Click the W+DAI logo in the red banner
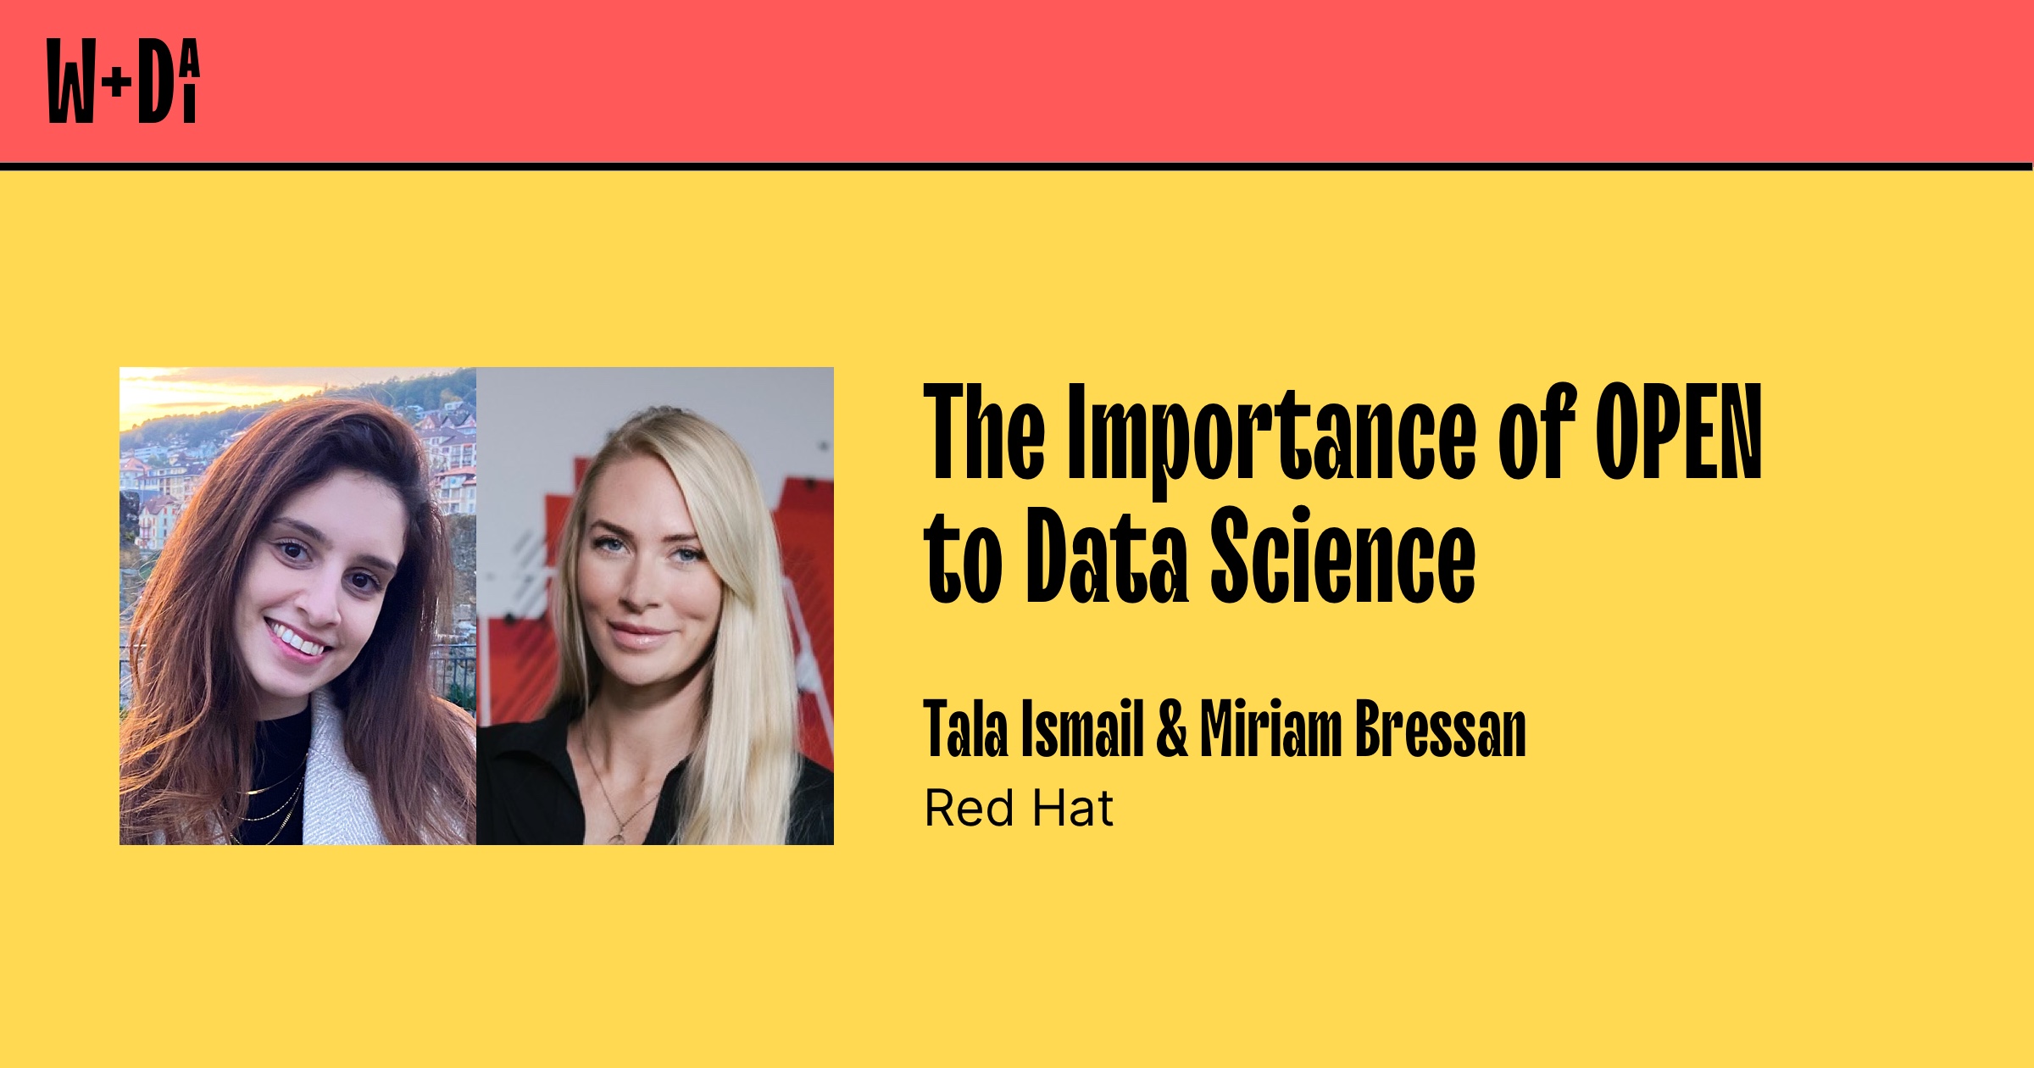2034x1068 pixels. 123,81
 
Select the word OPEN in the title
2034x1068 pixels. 1678,432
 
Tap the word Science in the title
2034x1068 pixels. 1342,557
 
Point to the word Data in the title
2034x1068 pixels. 1107,557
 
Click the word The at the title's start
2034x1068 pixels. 984,432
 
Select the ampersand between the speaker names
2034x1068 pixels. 1172,730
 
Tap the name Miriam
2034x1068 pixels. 1270,730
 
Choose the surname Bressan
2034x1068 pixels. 1440,730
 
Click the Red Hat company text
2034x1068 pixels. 1018,808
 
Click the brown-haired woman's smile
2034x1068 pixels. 297,639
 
